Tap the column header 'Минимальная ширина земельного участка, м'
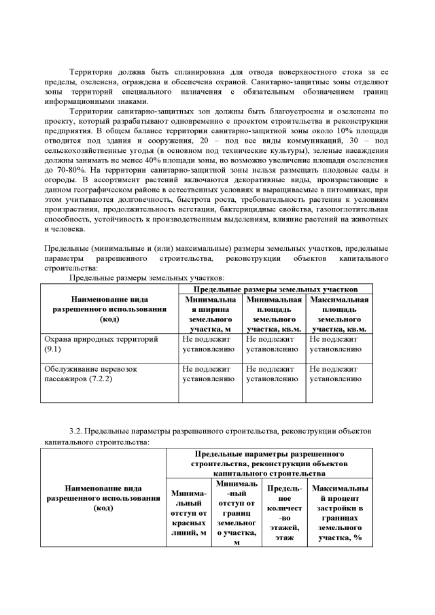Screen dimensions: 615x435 pyautogui.click(x=210, y=313)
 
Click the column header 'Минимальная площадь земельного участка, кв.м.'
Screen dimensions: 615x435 pyautogui.click(x=273, y=313)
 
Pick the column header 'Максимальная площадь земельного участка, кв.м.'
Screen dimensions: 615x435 pyautogui.click(x=338, y=313)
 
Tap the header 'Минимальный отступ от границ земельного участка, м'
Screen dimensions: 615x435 pyautogui.click(x=236, y=512)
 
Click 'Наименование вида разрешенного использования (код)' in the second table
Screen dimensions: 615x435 pyautogui.click(x=103, y=497)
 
